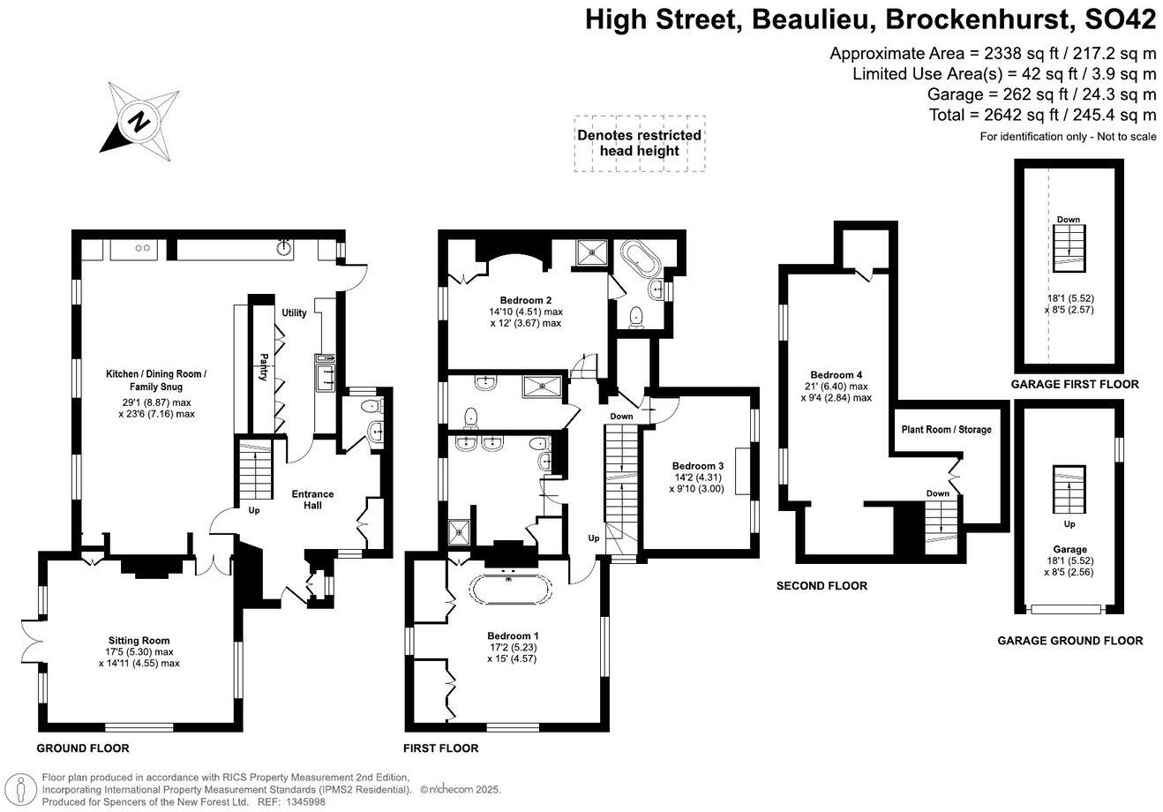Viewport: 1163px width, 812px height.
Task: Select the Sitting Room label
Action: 139,641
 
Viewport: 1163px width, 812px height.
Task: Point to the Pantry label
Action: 263,366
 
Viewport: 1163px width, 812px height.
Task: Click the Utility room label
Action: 294,313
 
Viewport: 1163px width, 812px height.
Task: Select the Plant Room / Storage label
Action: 946,430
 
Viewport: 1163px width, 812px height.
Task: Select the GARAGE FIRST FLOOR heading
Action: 1075,384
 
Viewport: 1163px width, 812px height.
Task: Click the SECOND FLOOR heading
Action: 822,585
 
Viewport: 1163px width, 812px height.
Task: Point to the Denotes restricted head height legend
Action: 639,143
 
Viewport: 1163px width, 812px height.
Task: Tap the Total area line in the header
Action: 1042,115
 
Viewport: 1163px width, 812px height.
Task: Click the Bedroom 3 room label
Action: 697,466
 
